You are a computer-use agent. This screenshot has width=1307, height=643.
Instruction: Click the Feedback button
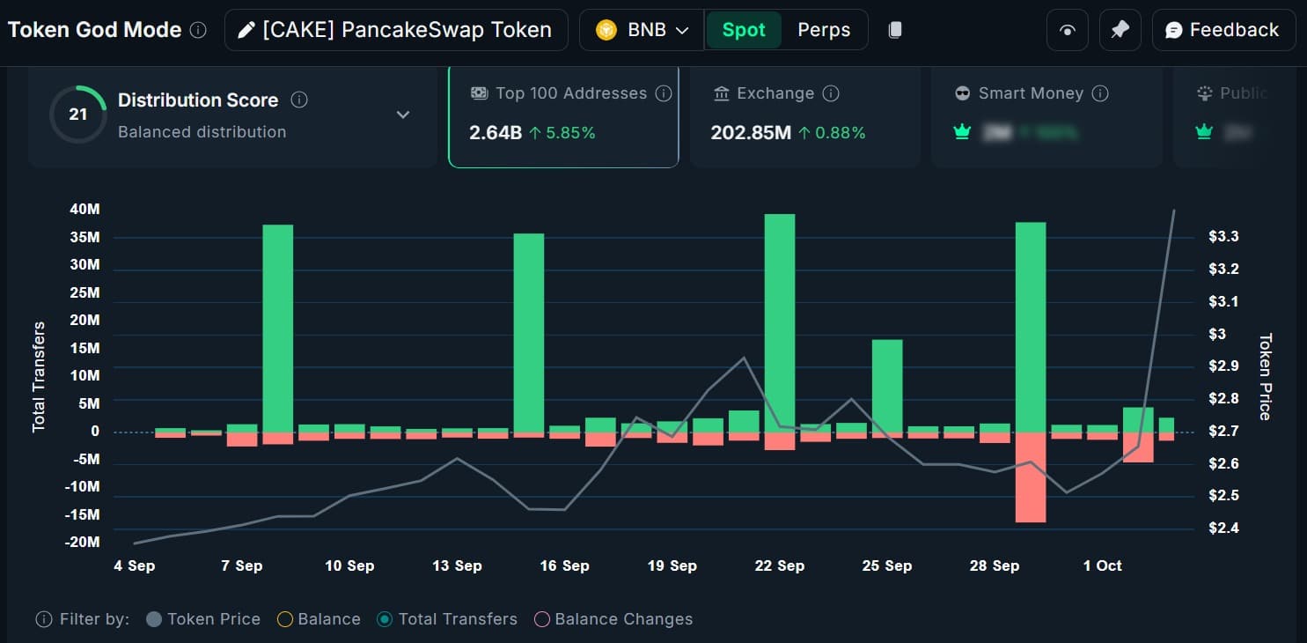tap(1223, 30)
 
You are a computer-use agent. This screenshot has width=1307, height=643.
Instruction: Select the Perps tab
tap(824, 30)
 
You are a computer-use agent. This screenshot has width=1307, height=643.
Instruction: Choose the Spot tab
tap(744, 30)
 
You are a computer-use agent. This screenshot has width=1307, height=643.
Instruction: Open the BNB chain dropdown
tap(642, 30)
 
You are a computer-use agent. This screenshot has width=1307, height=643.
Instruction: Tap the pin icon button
tap(1120, 30)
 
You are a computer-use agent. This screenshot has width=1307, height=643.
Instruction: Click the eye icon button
tap(1068, 30)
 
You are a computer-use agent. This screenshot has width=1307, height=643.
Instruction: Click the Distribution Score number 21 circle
tap(78, 115)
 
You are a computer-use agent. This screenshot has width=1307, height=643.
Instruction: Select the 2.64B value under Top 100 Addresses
tap(496, 133)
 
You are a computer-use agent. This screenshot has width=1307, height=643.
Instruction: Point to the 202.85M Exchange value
tap(751, 133)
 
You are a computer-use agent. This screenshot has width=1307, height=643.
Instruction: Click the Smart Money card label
tap(1031, 93)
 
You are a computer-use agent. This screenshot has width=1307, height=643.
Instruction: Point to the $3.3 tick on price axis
tap(1223, 236)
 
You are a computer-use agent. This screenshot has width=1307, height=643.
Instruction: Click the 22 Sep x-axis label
tap(780, 565)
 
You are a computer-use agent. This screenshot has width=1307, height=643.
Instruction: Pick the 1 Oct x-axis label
tap(1102, 565)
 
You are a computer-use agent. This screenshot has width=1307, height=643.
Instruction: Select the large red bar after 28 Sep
tap(1031, 477)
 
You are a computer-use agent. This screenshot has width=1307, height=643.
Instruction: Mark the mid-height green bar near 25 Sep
tap(887, 385)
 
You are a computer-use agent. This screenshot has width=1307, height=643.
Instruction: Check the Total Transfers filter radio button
tap(384, 619)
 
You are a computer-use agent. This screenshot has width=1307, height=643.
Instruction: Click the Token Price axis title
tap(1266, 376)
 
